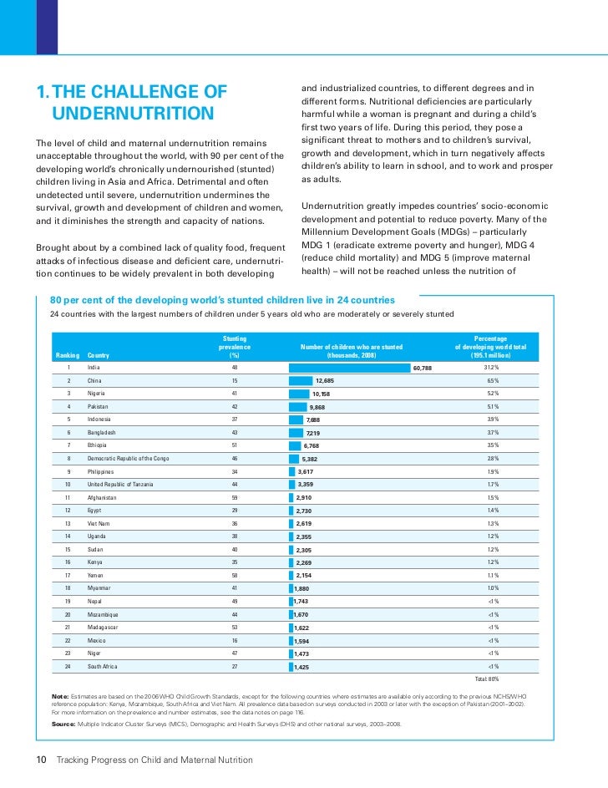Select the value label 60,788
(422, 368)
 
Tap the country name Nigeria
(98, 394)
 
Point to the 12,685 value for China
(325, 381)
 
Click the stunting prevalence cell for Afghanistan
(235, 497)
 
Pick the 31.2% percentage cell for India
(491, 368)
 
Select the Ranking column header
(68, 355)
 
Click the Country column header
(99, 355)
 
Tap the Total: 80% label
(487, 679)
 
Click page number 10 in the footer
(39, 760)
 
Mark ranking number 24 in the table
(68, 666)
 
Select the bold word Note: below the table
(60, 695)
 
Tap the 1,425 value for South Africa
(301, 667)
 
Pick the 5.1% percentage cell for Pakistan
(492, 407)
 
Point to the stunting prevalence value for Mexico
(235, 640)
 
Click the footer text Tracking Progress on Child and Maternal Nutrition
(154, 760)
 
